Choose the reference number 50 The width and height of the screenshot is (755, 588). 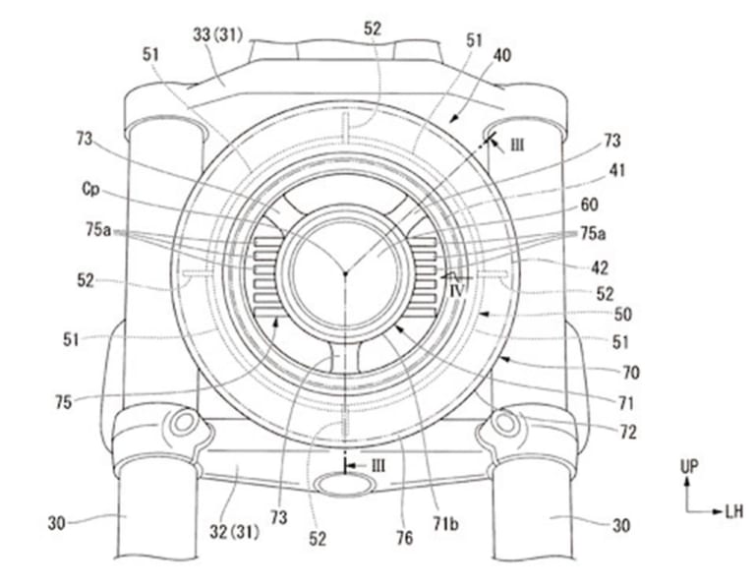(x=621, y=316)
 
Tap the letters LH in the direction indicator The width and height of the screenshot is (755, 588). (x=732, y=512)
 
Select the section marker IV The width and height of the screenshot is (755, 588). (x=454, y=291)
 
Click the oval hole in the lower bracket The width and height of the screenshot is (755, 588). (x=344, y=484)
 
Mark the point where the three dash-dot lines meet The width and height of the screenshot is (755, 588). (x=345, y=272)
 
